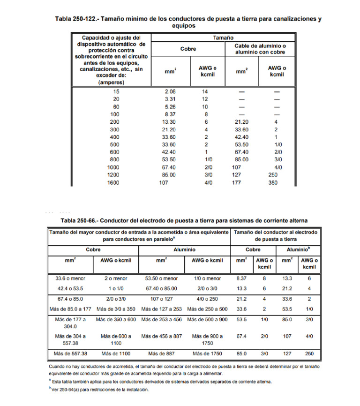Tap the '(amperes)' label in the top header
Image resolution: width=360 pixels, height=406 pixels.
110,82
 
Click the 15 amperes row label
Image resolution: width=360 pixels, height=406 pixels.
116,92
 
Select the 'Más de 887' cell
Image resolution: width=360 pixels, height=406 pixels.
161,353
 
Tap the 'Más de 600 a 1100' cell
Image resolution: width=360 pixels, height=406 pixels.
116,339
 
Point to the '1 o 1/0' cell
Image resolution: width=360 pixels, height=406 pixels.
116,287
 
